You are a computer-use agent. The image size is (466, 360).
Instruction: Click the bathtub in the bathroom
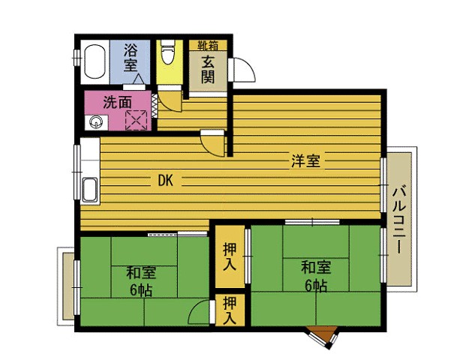pos(95,61)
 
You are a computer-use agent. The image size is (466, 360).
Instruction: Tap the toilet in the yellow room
pos(167,51)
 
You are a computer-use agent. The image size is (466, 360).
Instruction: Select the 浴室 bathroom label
pos(130,57)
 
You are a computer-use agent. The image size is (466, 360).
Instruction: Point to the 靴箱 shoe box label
pos(208,46)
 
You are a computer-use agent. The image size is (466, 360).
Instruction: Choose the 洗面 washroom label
pos(117,103)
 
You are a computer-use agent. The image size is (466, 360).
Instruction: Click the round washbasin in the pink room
pos(96,122)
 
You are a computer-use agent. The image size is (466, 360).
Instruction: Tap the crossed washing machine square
pos(136,120)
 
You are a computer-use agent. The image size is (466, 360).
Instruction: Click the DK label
pos(165,180)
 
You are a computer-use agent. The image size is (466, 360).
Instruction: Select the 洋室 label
pos(305,161)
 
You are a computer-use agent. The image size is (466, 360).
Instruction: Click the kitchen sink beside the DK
pos(90,190)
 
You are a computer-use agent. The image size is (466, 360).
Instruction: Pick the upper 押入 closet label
pos(230,257)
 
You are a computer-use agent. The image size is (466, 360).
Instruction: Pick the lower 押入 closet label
pos(230,310)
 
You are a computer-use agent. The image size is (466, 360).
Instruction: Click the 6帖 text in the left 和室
pos(141,290)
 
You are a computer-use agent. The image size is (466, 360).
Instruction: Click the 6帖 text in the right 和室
pos(316,286)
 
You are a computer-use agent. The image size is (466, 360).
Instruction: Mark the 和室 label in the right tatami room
pos(316,267)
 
